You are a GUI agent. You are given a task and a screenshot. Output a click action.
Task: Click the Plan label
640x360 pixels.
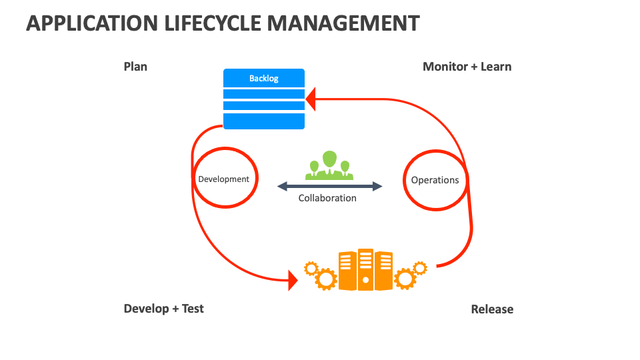(135, 67)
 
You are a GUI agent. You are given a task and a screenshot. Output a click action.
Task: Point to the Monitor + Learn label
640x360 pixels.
(467, 67)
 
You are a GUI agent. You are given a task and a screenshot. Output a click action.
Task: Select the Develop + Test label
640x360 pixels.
(163, 309)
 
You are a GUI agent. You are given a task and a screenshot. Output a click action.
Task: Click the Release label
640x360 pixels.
(492, 309)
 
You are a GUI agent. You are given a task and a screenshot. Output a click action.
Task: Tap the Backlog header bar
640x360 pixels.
(264, 78)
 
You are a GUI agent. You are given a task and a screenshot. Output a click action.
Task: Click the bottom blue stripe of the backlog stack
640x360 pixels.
(264, 121)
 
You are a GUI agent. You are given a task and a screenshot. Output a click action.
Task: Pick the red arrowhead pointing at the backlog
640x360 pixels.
(311, 100)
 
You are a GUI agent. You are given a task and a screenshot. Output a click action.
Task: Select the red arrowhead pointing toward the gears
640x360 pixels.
(292, 280)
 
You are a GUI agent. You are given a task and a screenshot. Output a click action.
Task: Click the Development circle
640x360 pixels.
(224, 179)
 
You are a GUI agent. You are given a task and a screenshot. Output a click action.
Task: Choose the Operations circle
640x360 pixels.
(435, 180)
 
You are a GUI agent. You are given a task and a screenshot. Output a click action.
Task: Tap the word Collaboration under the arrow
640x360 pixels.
(327, 198)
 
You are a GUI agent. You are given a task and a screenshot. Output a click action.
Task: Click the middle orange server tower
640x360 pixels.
(365, 269)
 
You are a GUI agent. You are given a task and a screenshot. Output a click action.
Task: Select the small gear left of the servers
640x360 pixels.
(311, 269)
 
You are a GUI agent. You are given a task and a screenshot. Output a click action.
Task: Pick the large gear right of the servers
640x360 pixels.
(405, 278)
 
